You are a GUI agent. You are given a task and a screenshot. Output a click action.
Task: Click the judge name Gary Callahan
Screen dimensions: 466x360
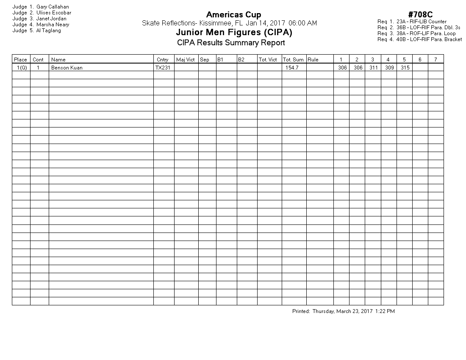click(53, 7)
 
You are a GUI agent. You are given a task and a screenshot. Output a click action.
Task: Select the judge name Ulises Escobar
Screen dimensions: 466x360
click(54, 13)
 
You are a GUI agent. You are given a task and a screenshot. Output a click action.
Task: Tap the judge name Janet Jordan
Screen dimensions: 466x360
click(51, 19)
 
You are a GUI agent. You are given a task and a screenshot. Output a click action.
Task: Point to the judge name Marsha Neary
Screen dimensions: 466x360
click(53, 25)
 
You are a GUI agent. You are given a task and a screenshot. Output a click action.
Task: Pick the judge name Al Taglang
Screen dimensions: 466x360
click(49, 30)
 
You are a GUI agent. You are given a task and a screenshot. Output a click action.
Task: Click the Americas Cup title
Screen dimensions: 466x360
click(233, 15)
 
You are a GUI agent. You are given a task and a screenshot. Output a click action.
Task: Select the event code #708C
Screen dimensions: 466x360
click(420, 15)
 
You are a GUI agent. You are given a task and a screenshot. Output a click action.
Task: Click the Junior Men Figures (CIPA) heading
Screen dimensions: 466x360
click(234, 33)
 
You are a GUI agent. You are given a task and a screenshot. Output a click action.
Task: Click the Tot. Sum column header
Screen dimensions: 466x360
click(293, 60)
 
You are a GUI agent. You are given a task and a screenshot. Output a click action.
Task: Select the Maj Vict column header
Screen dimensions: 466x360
click(185, 60)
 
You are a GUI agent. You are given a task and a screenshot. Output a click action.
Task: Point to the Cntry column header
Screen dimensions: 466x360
click(162, 60)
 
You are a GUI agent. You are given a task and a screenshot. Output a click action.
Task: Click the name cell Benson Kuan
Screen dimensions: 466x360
click(67, 68)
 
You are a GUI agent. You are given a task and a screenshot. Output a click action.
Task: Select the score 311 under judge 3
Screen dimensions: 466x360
click(373, 68)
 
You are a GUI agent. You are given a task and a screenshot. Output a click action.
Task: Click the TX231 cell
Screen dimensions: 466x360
click(163, 68)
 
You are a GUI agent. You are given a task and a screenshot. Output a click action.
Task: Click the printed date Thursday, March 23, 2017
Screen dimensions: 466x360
click(342, 311)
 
